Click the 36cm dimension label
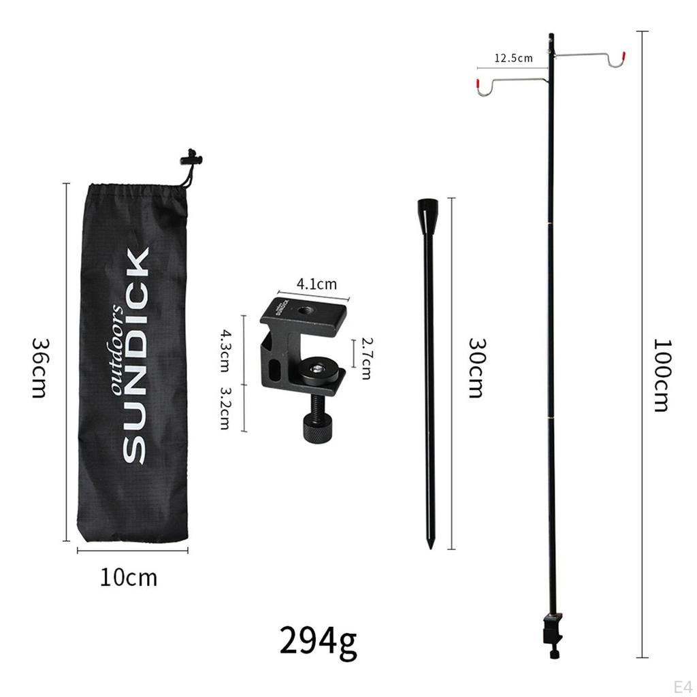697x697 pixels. coord(39,368)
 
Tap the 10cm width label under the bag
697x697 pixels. coord(129,578)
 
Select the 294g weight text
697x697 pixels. coord(319,641)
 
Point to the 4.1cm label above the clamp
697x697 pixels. coord(317,284)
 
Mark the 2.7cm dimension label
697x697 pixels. coord(367,359)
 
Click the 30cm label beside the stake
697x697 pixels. coord(477,368)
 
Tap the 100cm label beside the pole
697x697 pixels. coord(661,376)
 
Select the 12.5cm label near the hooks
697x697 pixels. coord(513,58)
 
